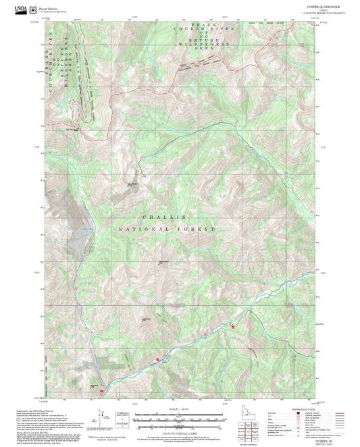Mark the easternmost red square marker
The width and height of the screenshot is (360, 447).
(234, 327)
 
